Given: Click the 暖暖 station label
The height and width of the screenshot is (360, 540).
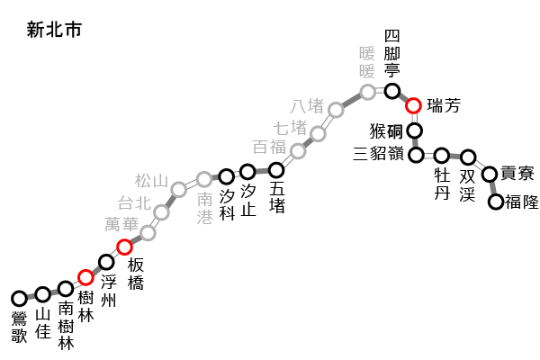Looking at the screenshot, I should click(x=367, y=62).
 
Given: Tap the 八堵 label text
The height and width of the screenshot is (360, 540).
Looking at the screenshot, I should click(x=307, y=106).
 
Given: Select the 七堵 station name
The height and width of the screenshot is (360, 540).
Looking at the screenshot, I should click(x=291, y=128).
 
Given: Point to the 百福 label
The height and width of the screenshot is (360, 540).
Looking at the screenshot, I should click(x=269, y=147).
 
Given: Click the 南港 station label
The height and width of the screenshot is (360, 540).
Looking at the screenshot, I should click(x=205, y=208).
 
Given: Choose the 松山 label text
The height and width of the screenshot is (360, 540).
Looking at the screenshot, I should click(x=152, y=181).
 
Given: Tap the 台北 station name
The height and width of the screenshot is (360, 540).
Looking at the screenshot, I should click(x=134, y=203).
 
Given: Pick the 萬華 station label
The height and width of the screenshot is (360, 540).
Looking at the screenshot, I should click(x=121, y=224).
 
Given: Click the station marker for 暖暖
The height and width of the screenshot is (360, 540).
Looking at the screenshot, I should click(x=368, y=92).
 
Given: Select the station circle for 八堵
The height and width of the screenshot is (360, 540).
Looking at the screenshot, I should click(x=336, y=110).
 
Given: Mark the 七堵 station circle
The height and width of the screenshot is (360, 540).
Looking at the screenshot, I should click(x=318, y=133).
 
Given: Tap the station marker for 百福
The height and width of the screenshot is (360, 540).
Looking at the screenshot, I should click(x=298, y=150).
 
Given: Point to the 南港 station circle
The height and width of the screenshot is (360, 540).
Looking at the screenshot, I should click(x=204, y=179).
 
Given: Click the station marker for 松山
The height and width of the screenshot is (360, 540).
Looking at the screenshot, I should click(x=179, y=189).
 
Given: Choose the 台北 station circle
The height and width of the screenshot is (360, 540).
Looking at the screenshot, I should click(x=161, y=212).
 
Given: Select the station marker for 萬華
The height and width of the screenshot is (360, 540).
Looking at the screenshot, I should click(x=148, y=233).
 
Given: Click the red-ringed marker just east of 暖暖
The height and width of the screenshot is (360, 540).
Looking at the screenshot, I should click(x=413, y=105).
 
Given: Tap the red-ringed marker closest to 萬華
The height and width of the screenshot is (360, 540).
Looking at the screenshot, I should click(x=124, y=247).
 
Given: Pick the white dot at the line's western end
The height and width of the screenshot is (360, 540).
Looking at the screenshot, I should click(x=19, y=299).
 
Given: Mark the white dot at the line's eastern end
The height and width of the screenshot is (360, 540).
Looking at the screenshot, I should click(x=496, y=202).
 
